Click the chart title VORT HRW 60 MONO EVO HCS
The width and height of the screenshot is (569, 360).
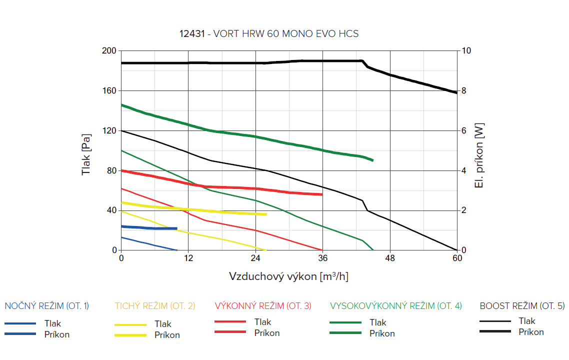(269, 34)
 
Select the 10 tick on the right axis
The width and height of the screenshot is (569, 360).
(466, 51)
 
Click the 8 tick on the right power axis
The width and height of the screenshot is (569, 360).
(464, 91)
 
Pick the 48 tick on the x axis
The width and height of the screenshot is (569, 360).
(390, 258)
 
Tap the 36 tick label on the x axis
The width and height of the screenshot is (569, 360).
(322, 258)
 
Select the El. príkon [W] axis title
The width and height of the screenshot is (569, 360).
(479, 155)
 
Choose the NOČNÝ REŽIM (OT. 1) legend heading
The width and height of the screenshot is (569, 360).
(46, 306)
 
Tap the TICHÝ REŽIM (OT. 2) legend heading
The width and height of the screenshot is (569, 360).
(155, 306)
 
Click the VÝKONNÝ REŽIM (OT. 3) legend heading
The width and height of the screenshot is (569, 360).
(263, 306)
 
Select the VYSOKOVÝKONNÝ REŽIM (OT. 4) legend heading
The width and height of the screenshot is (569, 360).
(396, 306)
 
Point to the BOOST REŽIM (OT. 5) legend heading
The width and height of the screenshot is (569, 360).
(522, 306)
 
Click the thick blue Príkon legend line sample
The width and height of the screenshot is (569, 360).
(20, 333)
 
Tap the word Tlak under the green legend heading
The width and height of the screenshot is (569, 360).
(378, 322)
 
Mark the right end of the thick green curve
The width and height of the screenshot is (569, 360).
(372, 160)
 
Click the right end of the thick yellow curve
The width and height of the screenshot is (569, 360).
(266, 214)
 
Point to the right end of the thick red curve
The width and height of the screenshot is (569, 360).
(321, 194)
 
